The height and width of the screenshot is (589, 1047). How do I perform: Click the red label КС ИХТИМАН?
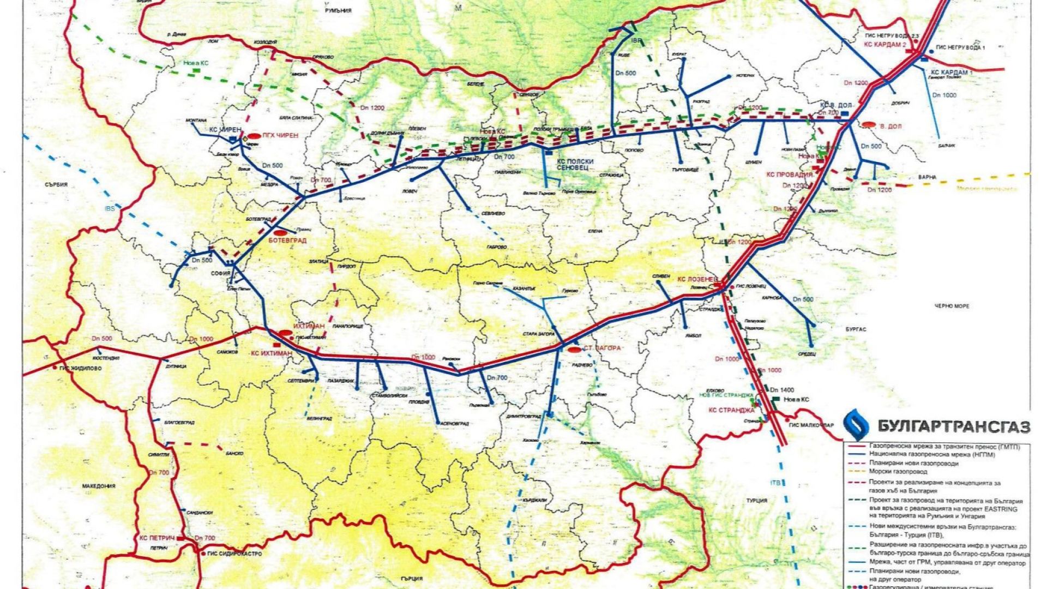[x=271, y=353]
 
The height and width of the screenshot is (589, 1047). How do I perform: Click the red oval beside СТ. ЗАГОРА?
[x=574, y=349]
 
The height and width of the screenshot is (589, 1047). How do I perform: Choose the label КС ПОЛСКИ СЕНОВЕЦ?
[x=573, y=166]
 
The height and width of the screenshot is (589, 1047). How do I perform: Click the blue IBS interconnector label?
[x=110, y=208]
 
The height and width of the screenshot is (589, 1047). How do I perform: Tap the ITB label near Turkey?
[x=775, y=482]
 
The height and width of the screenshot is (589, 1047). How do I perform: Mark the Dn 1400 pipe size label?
[x=782, y=390]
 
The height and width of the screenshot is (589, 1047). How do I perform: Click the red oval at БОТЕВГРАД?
[x=280, y=233]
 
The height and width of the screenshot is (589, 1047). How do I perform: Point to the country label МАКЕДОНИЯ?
[x=99, y=486]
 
